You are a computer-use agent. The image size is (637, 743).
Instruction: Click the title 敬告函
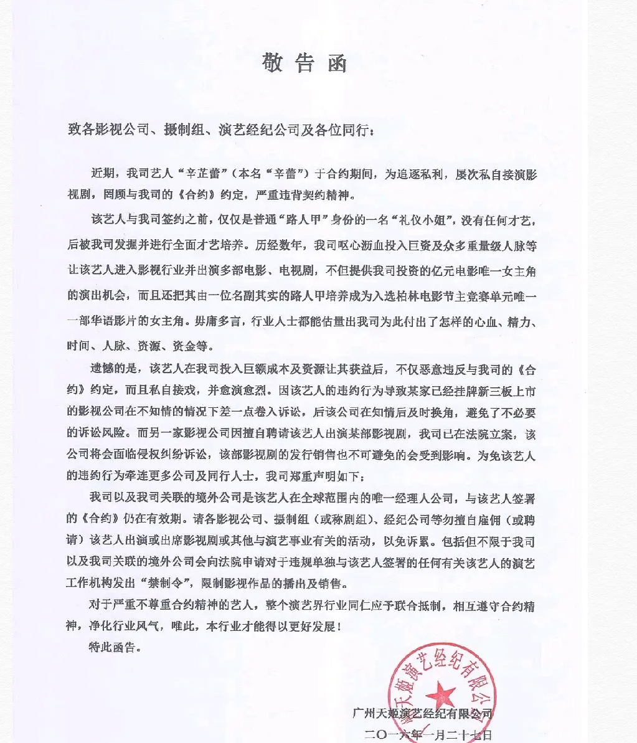tap(304, 63)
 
